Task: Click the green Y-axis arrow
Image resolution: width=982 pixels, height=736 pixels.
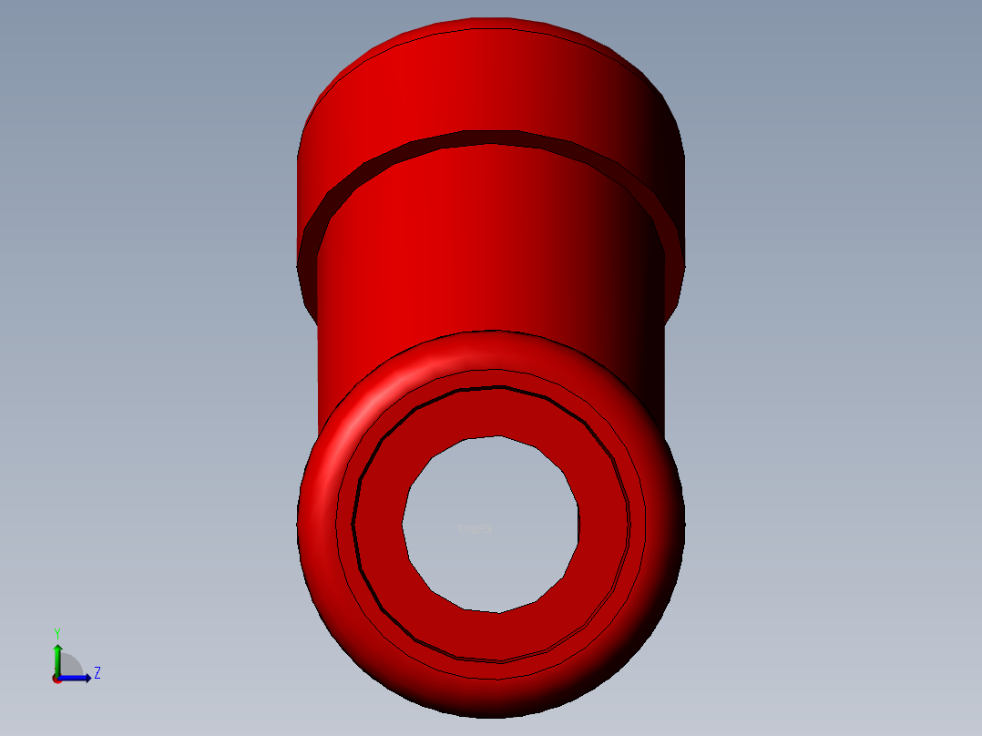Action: point(57,658)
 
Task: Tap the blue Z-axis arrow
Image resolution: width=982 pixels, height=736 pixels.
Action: point(75,678)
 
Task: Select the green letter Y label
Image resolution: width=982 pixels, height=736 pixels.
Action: point(56,633)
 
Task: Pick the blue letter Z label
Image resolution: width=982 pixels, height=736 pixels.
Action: point(97,673)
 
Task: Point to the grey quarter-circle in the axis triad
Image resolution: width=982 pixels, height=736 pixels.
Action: point(70,666)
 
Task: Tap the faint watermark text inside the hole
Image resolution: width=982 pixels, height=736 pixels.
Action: point(476,529)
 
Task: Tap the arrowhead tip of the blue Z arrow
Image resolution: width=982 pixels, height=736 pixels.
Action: point(89,678)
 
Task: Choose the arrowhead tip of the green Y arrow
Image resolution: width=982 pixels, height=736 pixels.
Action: point(57,646)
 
